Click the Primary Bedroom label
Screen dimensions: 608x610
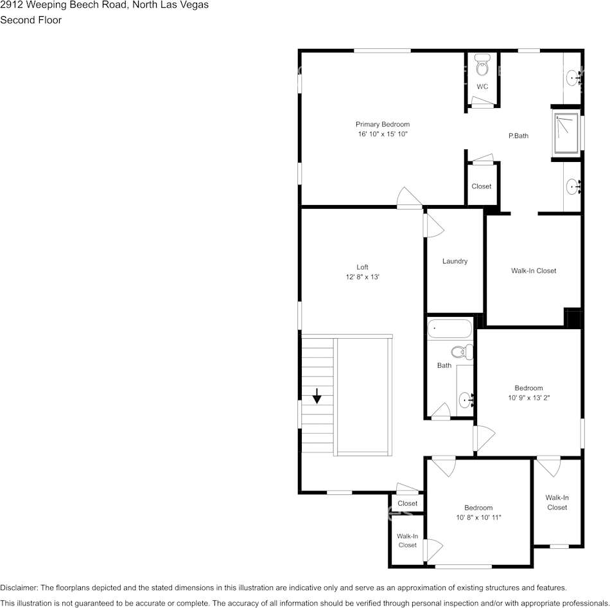[x=383, y=124]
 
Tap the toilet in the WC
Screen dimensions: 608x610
[x=482, y=66]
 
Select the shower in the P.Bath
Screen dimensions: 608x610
[x=566, y=133]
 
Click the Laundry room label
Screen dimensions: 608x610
[x=455, y=261]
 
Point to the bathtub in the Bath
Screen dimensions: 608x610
[x=449, y=328]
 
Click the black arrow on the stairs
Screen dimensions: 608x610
[x=317, y=396]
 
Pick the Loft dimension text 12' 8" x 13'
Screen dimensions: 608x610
[x=362, y=277]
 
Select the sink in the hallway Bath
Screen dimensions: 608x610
[x=466, y=400]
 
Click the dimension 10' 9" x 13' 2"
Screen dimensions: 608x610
[x=528, y=397]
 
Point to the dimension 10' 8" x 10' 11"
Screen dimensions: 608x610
[x=478, y=517]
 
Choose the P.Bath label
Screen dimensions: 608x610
[x=518, y=136]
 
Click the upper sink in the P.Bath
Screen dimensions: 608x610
[x=572, y=78]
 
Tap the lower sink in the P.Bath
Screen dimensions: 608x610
[x=572, y=187]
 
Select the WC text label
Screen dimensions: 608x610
[x=482, y=86]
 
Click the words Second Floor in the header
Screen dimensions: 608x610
[x=31, y=20]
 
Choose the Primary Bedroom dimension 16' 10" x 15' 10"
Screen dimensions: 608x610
[x=383, y=134]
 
